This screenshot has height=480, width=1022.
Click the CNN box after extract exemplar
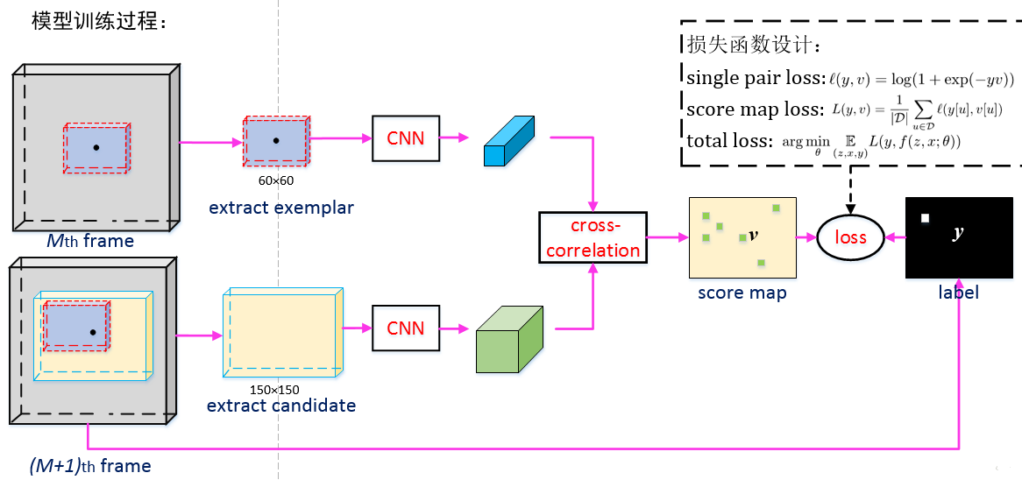point(406,138)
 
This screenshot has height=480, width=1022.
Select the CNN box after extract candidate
point(406,328)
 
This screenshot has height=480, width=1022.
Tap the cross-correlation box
point(593,237)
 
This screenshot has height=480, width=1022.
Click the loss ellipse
point(851,236)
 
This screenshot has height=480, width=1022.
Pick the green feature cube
point(509,339)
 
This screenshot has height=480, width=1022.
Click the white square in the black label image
point(924,219)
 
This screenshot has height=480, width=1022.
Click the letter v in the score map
point(754,235)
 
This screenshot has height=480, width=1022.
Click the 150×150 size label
point(274,390)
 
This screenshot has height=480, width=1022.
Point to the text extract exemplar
point(281,208)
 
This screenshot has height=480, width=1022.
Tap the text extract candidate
point(281,406)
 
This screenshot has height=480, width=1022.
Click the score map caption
point(742,293)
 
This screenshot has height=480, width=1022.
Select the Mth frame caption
point(90,242)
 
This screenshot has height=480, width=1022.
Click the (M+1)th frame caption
point(90,466)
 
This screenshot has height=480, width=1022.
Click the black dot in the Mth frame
point(96,148)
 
